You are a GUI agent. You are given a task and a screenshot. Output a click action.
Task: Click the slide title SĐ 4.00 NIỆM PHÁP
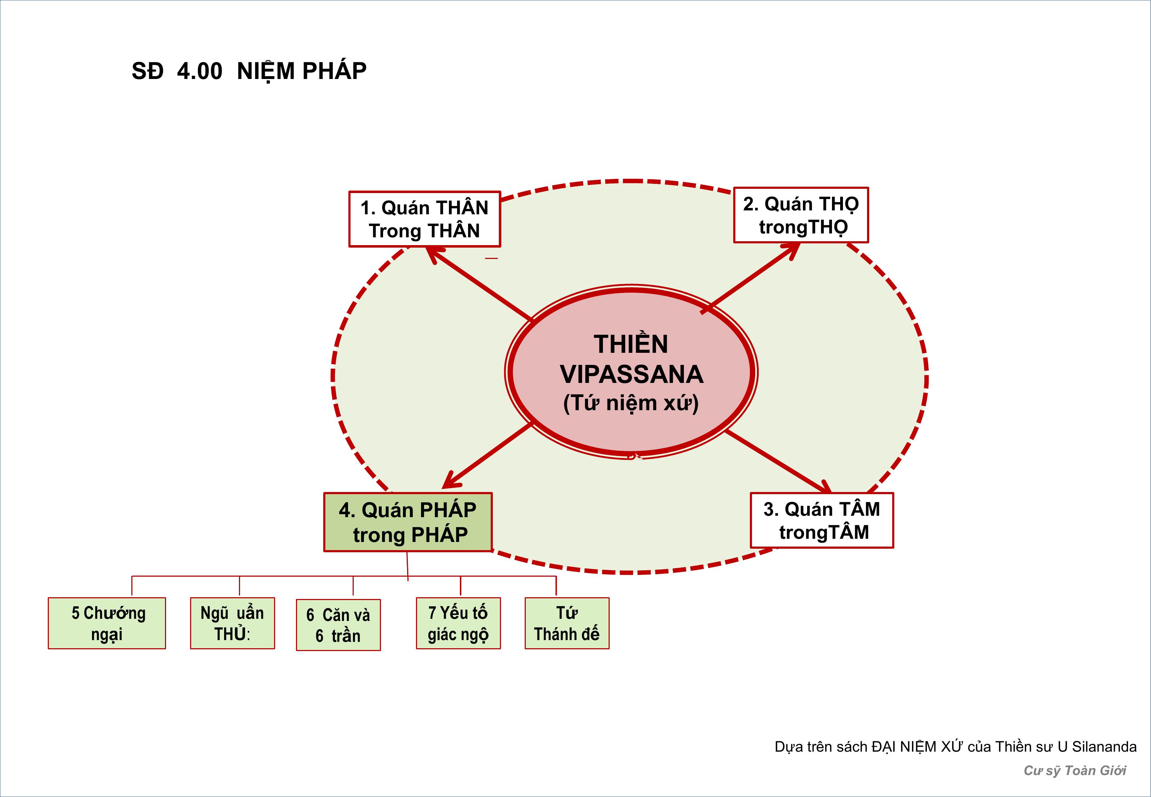tap(249, 71)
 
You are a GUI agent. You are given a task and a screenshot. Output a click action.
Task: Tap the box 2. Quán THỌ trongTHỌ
tap(800, 215)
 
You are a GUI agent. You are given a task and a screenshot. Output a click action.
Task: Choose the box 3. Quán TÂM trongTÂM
tap(822, 520)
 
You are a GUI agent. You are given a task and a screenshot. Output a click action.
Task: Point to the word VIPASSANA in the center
tap(631, 374)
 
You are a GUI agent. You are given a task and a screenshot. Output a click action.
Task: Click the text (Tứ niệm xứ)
tap(631, 403)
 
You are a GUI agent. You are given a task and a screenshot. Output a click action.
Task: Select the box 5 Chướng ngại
tap(107, 623)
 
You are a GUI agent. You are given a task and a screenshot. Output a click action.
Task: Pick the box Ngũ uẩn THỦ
tap(232, 623)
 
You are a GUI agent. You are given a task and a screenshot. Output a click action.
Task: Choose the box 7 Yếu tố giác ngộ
tap(458, 623)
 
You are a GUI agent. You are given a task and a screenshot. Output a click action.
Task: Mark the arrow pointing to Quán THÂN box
tap(479, 284)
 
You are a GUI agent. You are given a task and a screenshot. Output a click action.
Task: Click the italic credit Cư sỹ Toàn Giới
tap(1074, 770)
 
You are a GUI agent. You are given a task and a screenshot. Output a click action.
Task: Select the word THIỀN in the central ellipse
tap(631, 344)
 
